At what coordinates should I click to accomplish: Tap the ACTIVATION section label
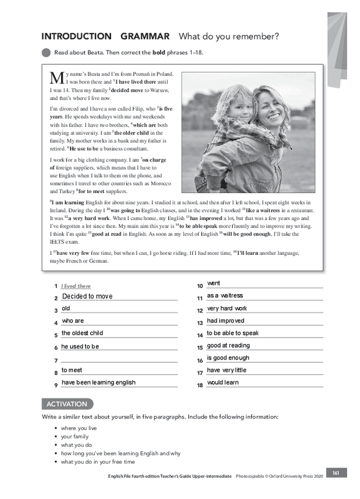pyautogui.click(x=67, y=404)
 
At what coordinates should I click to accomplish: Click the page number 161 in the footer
pyautogui.click(x=335, y=473)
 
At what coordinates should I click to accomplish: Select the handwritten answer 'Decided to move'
pyautogui.click(x=87, y=296)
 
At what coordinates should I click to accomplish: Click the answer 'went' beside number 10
pyautogui.click(x=214, y=283)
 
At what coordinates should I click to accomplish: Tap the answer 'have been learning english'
pyautogui.click(x=98, y=382)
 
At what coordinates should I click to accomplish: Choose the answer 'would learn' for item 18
pyautogui.click(x=223, y=382)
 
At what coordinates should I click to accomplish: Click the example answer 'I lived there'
pyautogui.click(x=76, y=286)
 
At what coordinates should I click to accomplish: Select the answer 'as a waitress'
pyautogui.click(x=225, y=295)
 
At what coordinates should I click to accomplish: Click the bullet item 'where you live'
pyautogui.click(x=79, y=428)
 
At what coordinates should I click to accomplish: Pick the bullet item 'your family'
pyautogui.click(x=75, y=437)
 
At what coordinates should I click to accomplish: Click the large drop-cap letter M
pyautogui.click(x=56, y=77)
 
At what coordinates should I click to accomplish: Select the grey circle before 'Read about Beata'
pyautogui.click(x=46, y=52)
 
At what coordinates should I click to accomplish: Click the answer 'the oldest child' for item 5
pyautogui.click(x=82, y=333)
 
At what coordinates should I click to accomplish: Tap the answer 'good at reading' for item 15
pyautogui.click(x=228, y=345)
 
